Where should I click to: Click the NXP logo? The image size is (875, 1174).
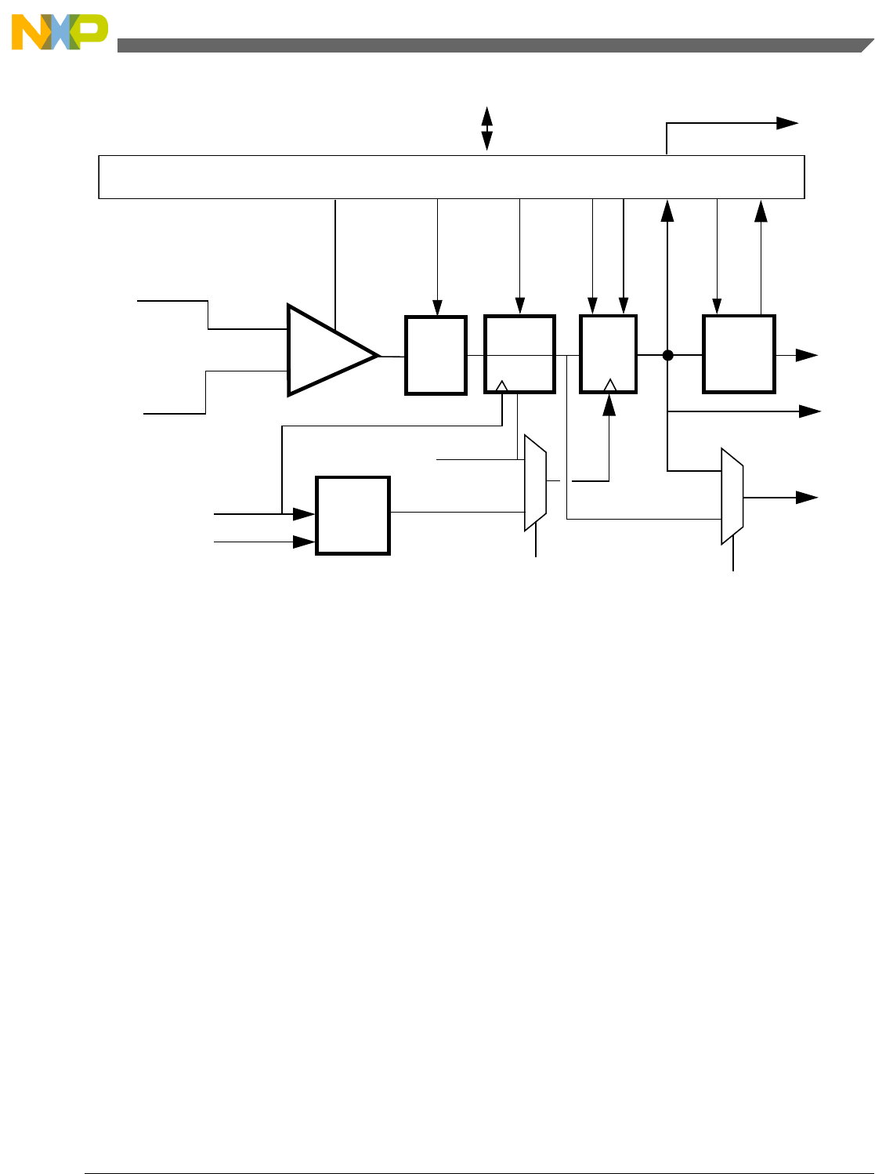point(60,33)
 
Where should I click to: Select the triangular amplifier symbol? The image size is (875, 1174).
point(329,350)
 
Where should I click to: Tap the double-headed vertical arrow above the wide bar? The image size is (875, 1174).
point(486,128)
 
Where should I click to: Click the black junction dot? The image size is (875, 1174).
point(667,355)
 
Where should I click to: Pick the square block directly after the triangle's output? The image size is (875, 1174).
point(436,355)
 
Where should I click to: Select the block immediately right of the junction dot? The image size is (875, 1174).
point(739,353)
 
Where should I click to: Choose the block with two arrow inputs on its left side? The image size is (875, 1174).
point(353,515)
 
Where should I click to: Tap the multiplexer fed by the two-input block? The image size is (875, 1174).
point(535,483)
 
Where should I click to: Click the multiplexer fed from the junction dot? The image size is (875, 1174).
point(732,496)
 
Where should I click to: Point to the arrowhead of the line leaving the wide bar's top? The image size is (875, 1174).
point(788,122)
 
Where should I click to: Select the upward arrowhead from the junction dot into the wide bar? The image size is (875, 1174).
point(667,209)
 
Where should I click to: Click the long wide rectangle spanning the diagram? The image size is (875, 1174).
point(451,177)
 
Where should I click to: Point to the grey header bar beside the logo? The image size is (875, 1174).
point(486,45)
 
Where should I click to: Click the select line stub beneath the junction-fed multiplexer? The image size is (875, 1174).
point(733,558)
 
